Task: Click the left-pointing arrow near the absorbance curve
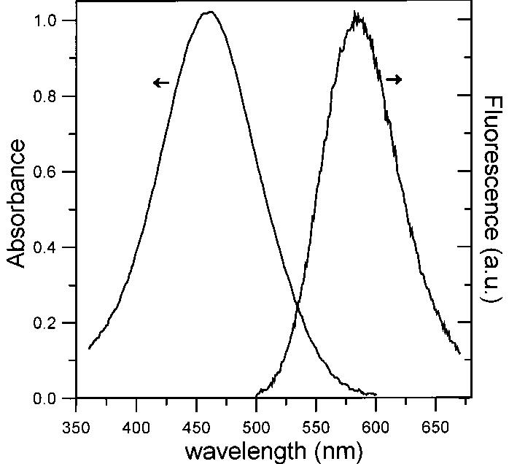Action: (x=160, y=83)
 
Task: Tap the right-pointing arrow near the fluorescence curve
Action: (x=394, y=80)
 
